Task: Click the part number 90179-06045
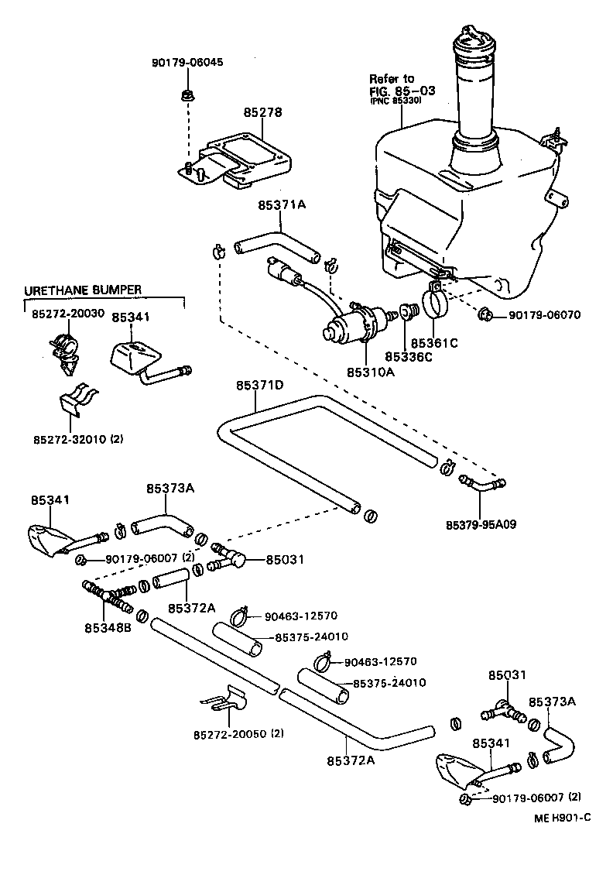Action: click(x=187, y=62)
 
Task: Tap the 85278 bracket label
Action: click(x=263, y=112)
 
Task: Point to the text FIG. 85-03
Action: click(x=402, y=90)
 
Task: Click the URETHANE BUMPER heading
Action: click(x=83, y=290)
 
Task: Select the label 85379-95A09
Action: click(x=481, y=524)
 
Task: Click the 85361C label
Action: click(x=434, y=342)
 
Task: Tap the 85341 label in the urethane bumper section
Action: click(x=131, y=317)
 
